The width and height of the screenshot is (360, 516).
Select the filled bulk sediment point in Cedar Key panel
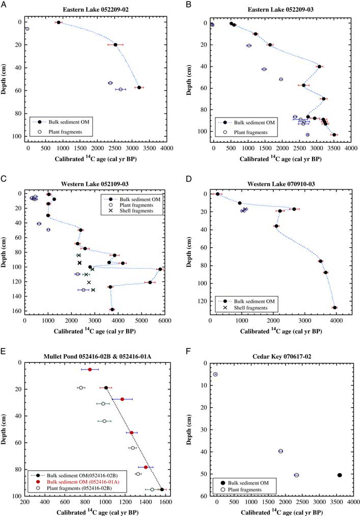click(x=340, y=475)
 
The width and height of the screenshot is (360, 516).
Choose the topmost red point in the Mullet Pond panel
click(x=90, y=369)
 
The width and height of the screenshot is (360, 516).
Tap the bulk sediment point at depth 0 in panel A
click(x=59, y=22)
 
